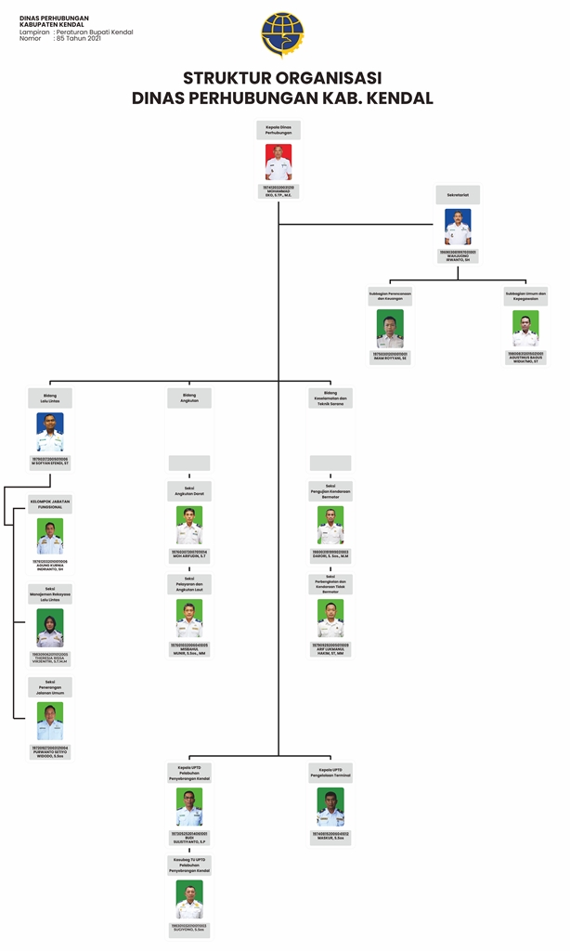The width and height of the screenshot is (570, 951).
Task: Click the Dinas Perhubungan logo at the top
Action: coord(282,34)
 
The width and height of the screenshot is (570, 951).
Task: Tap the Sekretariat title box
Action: coord(458,195)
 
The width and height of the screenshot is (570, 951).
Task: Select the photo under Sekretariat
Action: coord(458,227)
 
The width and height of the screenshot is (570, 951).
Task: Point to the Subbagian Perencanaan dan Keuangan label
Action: coord(390,296)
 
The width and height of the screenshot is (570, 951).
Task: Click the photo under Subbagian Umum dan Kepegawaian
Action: coord(525,328)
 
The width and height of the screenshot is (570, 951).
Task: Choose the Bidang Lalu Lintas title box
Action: coord(50,397)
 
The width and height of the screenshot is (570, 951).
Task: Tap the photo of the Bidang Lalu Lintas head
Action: coord(50,432)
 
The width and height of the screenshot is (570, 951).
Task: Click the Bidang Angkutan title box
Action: coord(189,397)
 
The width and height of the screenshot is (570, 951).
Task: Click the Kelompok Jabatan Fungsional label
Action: coord(50,503)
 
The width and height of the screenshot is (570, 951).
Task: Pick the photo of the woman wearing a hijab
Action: coord(50,628)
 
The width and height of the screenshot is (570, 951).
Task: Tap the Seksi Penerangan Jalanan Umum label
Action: coord(50,687)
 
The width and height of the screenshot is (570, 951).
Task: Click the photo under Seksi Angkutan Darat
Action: coord(189,525)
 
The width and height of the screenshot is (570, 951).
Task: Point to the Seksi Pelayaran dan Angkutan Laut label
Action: coord(189,583)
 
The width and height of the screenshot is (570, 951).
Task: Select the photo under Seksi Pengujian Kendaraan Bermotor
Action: coord(330,525)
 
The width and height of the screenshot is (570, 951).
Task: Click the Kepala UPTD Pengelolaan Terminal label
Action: coord(330,772)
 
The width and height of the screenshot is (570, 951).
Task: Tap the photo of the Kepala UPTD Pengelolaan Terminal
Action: coord(330,806)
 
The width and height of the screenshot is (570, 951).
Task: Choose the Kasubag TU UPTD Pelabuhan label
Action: coord(189,865)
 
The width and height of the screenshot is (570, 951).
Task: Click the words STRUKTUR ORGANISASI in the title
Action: coord(282,78)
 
